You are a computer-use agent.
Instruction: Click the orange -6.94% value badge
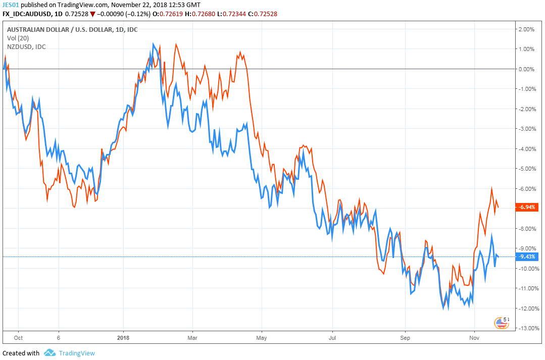(x=526, y=207)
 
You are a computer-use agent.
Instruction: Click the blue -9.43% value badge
(x=526, y=256)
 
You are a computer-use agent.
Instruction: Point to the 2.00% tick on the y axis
(x=527, y=29)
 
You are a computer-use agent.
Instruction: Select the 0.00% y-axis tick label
(x=527, y=69)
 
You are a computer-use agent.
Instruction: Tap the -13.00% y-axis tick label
(x=526, y=329)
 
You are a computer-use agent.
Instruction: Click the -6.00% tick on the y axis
(x=526, y=189)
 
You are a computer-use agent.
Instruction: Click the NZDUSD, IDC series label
(x=26, y=47)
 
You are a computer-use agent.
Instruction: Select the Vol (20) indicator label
(x=19, y=38)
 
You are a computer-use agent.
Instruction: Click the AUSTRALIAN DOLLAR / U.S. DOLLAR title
(x=72, y=30)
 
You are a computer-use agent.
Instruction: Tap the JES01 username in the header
(x=11, y=5)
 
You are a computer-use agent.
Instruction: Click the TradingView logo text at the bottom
(x=76, y=353)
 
